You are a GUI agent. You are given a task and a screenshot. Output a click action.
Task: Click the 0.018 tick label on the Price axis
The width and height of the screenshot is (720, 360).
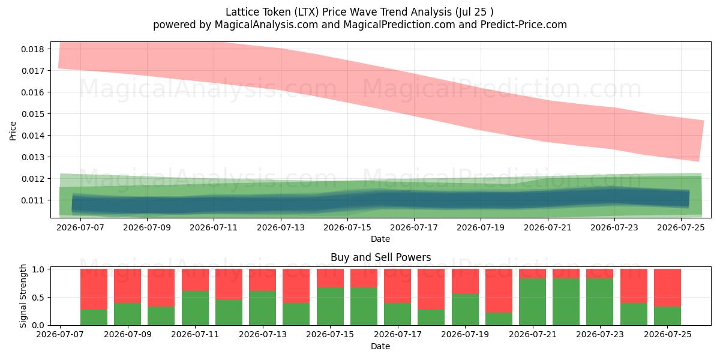point(32,49)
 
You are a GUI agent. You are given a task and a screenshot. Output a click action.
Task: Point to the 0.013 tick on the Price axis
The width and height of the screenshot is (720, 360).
point(32,157)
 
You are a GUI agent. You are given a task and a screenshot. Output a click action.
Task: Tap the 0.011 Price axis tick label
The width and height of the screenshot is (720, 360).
point(32,200)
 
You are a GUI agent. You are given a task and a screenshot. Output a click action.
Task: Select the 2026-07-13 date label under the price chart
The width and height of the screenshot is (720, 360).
point(281,227)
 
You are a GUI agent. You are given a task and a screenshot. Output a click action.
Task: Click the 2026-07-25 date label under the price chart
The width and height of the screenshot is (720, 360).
point(681,227)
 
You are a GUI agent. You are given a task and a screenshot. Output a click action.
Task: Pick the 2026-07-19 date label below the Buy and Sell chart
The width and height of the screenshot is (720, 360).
point(465,334)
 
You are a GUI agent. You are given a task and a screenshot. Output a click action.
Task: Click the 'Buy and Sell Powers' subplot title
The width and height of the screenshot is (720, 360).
point(380,257)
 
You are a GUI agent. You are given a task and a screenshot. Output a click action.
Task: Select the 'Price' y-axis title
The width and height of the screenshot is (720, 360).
point(13,131)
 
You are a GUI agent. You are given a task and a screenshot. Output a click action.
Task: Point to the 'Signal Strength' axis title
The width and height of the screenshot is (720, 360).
point(23,296)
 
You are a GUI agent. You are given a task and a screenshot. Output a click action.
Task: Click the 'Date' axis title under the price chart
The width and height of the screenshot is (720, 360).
point(380,239)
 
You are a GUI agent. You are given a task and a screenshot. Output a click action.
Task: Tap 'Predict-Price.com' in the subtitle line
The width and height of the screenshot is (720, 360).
point(524,25)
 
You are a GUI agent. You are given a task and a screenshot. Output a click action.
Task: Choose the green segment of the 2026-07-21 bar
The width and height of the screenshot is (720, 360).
point(532,302)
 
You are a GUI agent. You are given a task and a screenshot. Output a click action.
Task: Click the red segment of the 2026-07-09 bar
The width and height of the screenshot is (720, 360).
point(128,286)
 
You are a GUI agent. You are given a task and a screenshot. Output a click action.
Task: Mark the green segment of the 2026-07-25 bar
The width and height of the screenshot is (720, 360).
point(667,316)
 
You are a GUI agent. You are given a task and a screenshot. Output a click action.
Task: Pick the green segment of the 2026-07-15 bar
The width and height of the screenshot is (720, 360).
point(330,307)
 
